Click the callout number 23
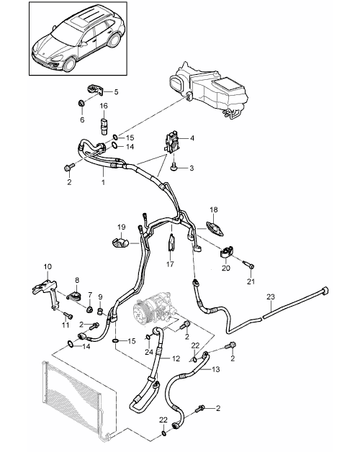point(271,297)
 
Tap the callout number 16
point(104,106)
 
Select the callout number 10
point(48,266)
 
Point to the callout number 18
point(214,210)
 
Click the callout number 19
point(122,227)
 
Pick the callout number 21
point(251,281)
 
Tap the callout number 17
point(170,263)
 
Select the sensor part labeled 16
point(104,125)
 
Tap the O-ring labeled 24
point(148,336)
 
